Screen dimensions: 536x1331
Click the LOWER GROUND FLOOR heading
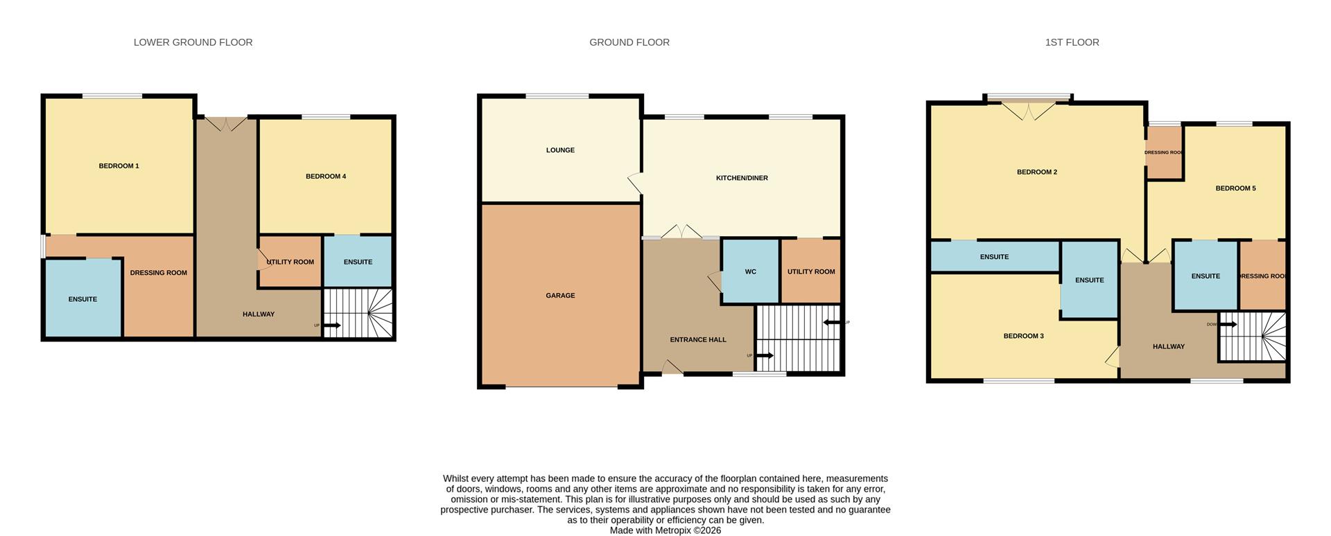pos(193,42)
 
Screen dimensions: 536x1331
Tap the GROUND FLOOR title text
pos(629,42)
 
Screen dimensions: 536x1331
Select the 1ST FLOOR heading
pos(1071,42)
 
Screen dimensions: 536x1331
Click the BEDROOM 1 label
pos(119,166)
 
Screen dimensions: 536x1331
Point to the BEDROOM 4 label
pos(325,177)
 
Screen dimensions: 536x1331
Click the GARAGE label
pos(559,296)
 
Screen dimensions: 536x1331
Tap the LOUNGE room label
pos(559,150)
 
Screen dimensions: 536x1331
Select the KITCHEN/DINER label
pos(741,178)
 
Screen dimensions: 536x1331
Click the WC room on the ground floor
pos(750,272)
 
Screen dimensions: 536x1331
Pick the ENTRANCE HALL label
pos(697,340)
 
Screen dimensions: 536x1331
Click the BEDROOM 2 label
pos(1036,172)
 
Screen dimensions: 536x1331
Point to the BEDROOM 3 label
pos(1023,337)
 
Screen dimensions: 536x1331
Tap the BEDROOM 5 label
pos(1235,188)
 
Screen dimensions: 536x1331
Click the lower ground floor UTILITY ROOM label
pos(290,262)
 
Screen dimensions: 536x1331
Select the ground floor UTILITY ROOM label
pos(810,272)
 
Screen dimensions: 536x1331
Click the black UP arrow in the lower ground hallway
pos(331,325)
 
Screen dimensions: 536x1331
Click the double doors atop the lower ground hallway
pos(227,124)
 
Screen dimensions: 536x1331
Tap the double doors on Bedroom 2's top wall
pos(1029,111)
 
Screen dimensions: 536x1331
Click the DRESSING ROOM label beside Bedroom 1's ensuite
pos(158,273)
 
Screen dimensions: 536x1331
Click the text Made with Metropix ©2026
pos(665,530)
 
